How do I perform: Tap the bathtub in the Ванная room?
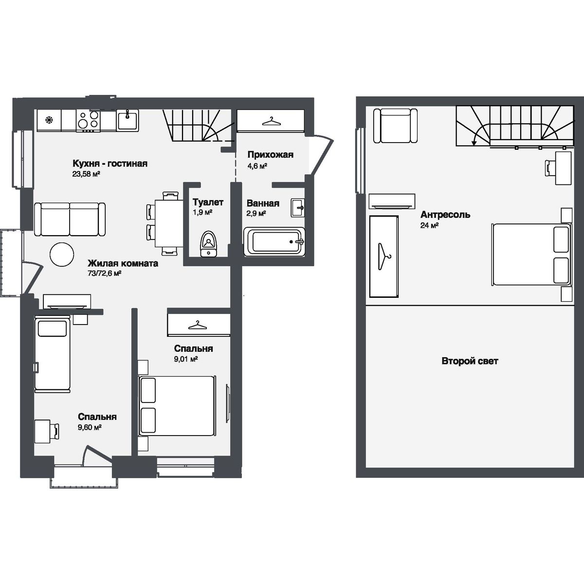[274, 241]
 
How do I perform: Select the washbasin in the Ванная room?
[298, 208]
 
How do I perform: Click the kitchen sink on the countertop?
[128, 119]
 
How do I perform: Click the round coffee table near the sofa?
[63, 254]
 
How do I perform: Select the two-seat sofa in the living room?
[70, 219]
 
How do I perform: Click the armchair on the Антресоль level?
[395, 126]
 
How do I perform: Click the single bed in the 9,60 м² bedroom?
[52, 354]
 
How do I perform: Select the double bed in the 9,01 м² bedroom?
[177, 406]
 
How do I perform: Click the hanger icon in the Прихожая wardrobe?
[270, 120]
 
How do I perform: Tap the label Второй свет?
[470, 361]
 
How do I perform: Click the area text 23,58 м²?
[86, 174]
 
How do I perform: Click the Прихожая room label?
[270, 155]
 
